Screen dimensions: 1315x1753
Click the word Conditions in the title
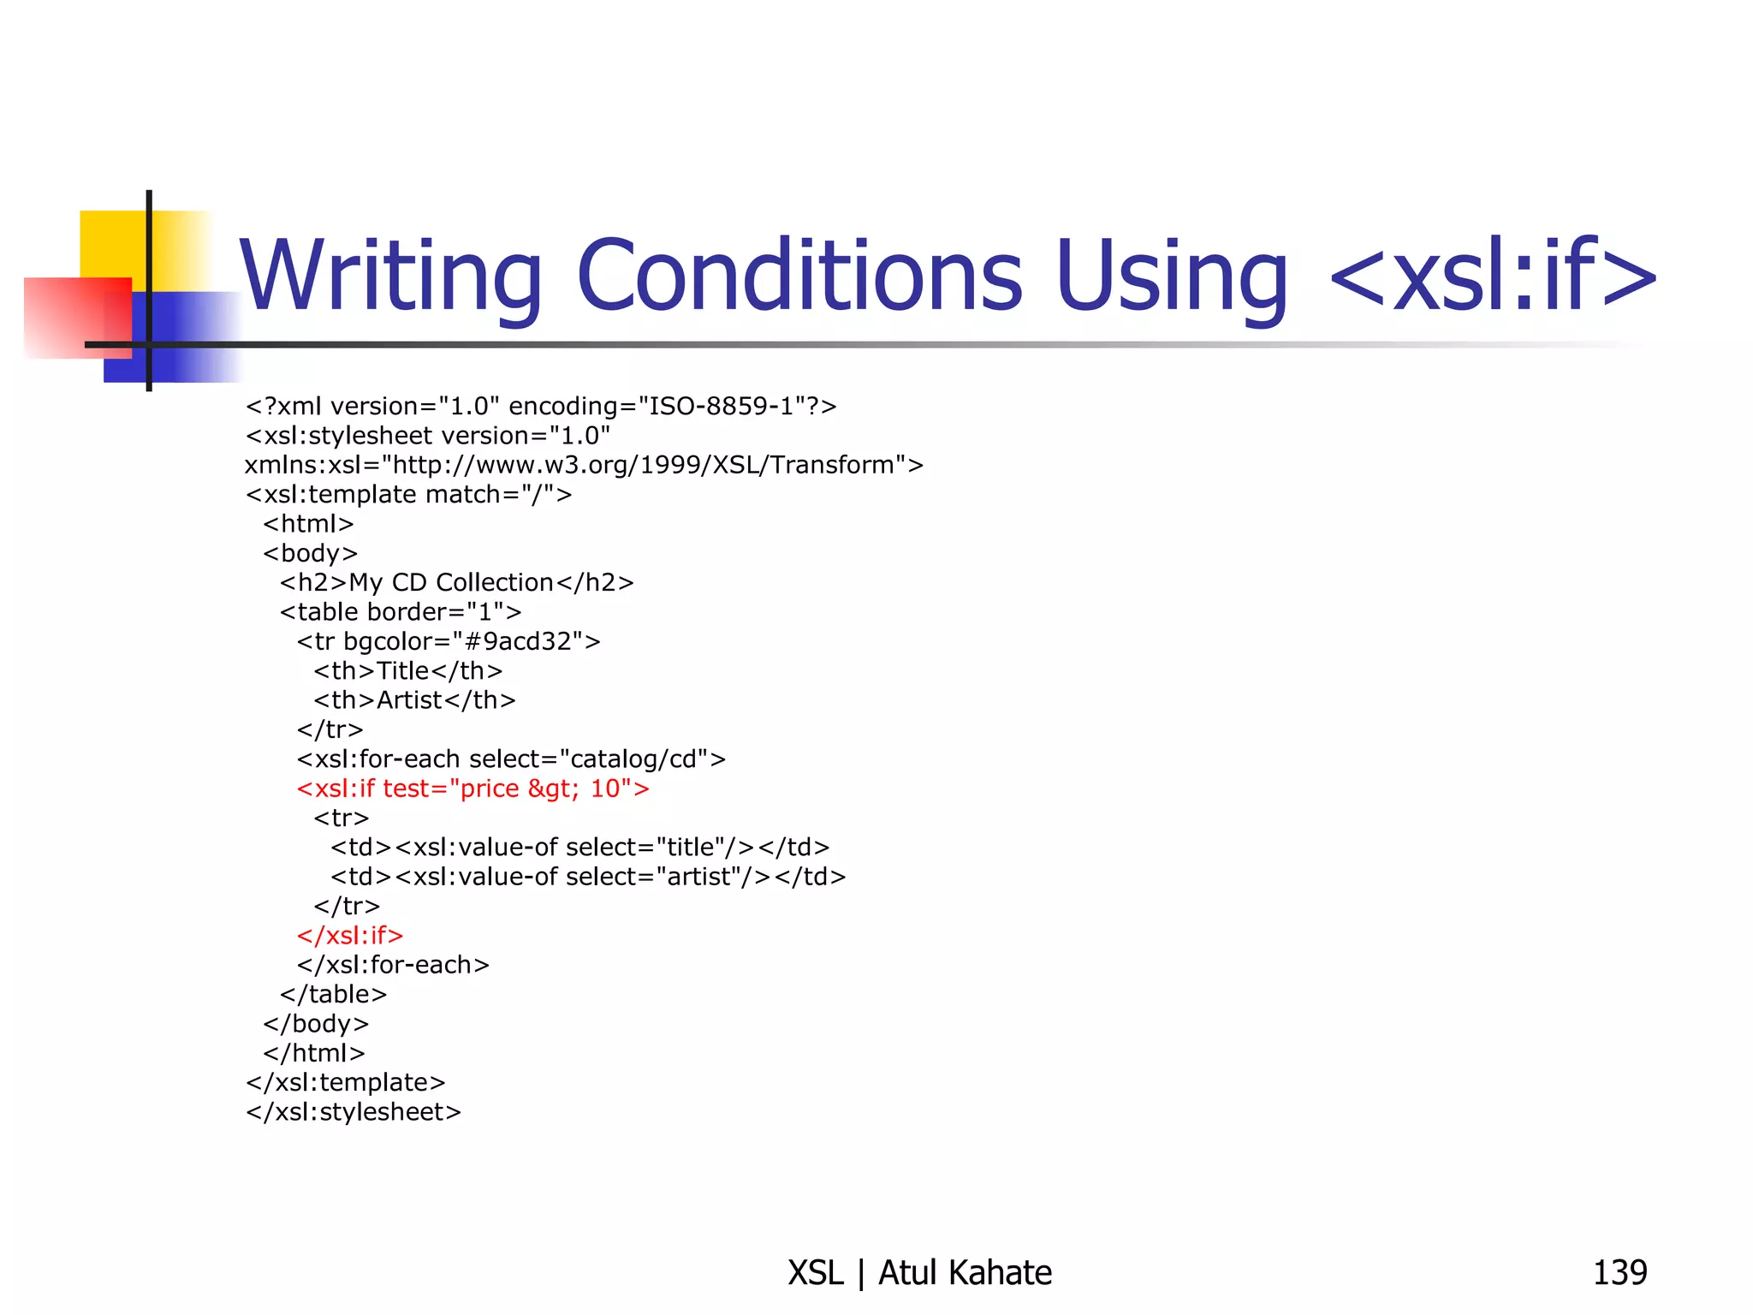pyautogui.click(x=799, y=276)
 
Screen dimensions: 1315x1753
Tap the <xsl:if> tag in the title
pyautogui.click(x=1494, y=276)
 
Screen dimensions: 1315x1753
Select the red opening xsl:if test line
pyautogui.click(x=472, y=788)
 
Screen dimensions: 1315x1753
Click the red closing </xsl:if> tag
pyautogui.click(x=350, y=936)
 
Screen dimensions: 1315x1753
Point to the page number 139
pyautogui.click(x=1619, y=1273)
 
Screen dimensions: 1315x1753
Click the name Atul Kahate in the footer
pyautogui.click(x=965, y=1273)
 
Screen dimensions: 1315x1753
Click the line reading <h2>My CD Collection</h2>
pyautogui.click(x=457, y=583)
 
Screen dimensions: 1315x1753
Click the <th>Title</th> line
pyautogui.click(x=408, y=671)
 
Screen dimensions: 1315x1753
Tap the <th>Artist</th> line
pyautogui.click(x=414, y=700)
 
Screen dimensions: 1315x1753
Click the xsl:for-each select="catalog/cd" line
pyautogui.click(x=511, y=759)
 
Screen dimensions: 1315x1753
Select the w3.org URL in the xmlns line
pyautogui.click(x=643, y=465)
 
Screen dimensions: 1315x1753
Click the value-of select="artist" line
pyautogui.click(x=588, y=877)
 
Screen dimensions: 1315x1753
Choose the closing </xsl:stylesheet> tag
pyautogui.click(x=354, y=1112)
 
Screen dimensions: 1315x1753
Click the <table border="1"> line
pyautogui.click(x=401, y=612)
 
